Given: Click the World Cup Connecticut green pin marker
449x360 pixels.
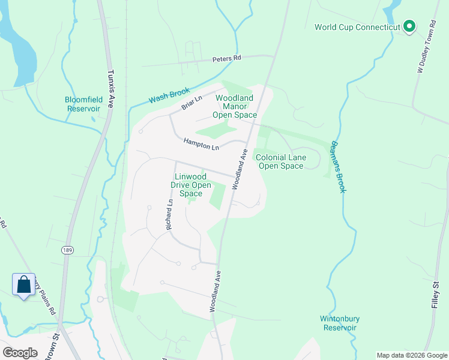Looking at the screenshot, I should coord(409,26).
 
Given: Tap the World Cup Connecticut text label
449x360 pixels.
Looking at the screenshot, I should coord(358,27).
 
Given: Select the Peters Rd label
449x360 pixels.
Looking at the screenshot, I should coord(226,59).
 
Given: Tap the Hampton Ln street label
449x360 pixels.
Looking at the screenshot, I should coord(202,144).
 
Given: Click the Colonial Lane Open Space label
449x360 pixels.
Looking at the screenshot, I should coord(281,161).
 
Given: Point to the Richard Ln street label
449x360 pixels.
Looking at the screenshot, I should coord(169,215).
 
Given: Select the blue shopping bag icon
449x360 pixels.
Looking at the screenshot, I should coord(23,284).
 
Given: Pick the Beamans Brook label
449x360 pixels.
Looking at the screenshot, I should coord(338,167).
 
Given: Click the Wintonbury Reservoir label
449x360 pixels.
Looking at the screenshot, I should coord(340,323).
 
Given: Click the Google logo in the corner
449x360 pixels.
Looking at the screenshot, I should coord(20,353).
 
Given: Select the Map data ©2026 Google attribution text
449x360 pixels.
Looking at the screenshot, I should coord(411,355).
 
